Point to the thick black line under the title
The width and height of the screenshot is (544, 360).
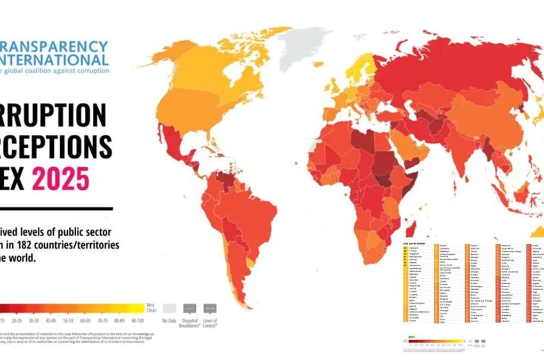click(56, 208)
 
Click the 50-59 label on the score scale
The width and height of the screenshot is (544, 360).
click(68, 322)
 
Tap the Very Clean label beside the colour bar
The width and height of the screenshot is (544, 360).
click(151, 308)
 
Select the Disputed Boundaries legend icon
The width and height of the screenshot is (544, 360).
click(190, 308)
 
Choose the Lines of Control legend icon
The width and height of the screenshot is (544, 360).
click(210, 308)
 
